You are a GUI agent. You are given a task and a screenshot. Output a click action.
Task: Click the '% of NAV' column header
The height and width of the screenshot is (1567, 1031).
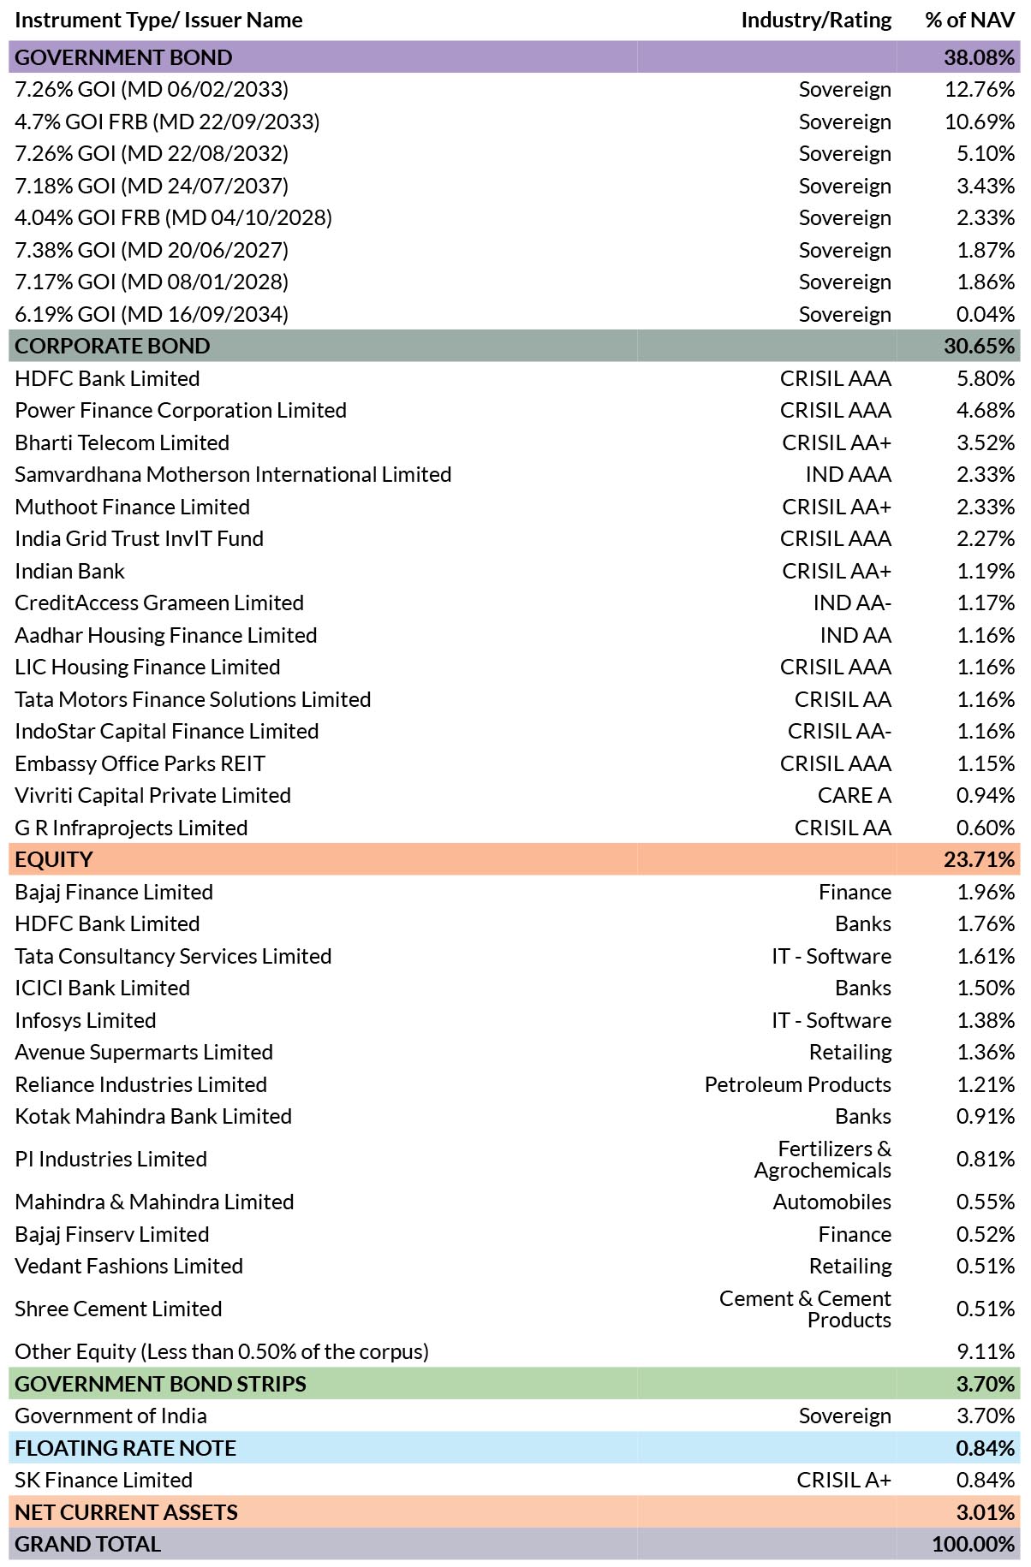969,20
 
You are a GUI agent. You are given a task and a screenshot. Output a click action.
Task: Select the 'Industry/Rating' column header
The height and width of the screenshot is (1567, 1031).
816,20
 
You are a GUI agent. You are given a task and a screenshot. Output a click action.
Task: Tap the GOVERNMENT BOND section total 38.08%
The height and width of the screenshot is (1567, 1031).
980,57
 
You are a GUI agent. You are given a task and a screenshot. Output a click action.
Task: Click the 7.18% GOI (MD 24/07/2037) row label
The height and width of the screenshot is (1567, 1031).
152,186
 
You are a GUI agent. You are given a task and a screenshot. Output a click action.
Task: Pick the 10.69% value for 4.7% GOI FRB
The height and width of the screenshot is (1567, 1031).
980,122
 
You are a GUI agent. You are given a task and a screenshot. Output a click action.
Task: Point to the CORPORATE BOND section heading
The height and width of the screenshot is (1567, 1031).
112,346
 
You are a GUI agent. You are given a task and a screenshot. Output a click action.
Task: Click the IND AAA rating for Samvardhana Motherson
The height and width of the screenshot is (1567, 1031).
848,474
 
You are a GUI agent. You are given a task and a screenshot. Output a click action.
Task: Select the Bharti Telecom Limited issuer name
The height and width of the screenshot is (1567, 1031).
122,442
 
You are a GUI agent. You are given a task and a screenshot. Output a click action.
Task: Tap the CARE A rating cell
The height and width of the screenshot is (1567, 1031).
854,795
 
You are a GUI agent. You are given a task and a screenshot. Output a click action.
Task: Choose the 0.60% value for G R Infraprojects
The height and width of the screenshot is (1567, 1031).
986,828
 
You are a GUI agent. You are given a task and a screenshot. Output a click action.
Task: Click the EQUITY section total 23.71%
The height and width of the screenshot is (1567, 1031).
980,859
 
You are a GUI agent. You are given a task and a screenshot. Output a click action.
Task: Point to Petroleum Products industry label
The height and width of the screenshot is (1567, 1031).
797,1084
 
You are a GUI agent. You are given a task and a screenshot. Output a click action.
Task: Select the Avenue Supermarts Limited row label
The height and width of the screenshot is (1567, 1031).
144,1052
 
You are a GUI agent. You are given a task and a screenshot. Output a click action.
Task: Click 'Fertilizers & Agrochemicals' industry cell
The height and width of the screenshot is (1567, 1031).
822,1159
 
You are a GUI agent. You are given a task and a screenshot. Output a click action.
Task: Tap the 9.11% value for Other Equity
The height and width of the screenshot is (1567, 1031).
986,1351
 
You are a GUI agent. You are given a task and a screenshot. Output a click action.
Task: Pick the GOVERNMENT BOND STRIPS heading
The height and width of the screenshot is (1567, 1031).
160,1384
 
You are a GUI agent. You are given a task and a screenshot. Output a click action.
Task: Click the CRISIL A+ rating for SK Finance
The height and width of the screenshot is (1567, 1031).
843,1480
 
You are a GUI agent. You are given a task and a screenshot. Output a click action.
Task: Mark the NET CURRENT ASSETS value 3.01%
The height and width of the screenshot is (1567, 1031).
986,1512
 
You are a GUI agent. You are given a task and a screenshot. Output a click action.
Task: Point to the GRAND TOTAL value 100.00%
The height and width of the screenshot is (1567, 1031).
974,1544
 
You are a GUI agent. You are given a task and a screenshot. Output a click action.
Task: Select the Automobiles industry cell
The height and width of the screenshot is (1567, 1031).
831,1202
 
